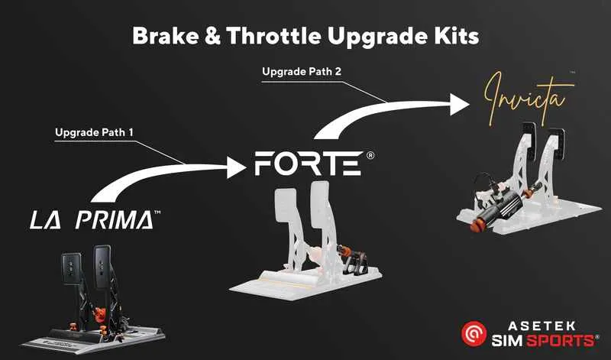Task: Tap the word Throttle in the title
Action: coord(264,36)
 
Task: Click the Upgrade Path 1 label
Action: coord(94,132)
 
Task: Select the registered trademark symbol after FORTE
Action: coord(370,155)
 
